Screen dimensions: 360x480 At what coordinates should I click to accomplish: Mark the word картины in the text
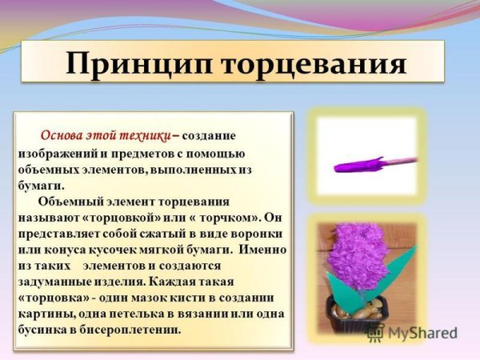point(46,312)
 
